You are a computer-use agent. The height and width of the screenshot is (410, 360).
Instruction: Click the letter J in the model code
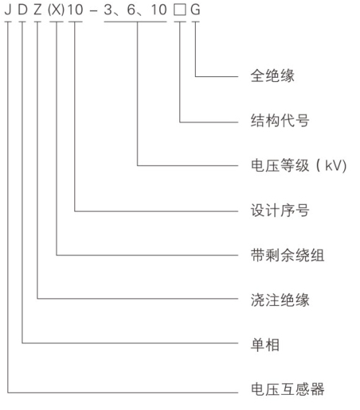tap(8, 9)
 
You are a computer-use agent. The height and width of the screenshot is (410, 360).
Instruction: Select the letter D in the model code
tap(23, 9)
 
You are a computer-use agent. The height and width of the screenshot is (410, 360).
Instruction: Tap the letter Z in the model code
tap(37, 9)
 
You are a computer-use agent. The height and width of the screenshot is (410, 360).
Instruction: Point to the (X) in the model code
tap(56, 9)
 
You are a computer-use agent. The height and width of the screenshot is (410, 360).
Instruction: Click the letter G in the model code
tap(195, 9)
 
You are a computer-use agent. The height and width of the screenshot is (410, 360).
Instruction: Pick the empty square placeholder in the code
tap(180, 10)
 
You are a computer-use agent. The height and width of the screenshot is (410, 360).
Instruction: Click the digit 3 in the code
tap(108, 9)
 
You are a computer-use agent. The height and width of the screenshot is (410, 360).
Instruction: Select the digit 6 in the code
tap(132, 9)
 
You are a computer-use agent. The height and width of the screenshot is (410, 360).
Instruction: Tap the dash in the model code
tap(93, 11)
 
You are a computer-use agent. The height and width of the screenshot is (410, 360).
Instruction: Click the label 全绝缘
tap(272, 76)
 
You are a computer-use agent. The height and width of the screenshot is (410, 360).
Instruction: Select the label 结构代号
tap(280, 121)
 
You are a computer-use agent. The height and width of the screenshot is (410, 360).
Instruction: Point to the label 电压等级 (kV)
tap(299, 165)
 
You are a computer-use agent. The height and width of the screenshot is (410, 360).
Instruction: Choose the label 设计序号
tap(280, 210)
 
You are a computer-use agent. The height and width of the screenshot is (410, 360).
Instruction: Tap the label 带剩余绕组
tap(287, 255)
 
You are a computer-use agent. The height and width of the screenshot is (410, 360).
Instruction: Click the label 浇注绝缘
tap(280, 300)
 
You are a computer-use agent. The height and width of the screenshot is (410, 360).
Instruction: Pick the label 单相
tap(265, 345)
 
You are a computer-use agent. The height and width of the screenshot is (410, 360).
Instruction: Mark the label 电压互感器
tap(287, 389)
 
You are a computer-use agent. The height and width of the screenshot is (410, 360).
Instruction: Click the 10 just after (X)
tap(76, 9)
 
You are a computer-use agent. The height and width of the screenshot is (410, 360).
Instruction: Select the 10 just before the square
tap(159, 9)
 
